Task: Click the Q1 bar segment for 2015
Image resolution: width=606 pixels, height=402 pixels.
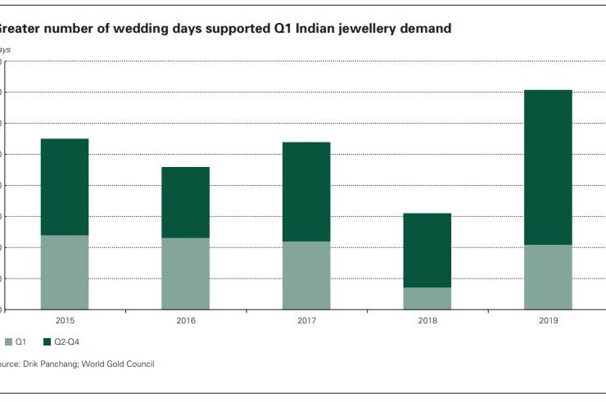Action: click(x=65, y=272)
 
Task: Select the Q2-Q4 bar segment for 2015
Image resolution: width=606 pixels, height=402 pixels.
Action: click(x=65, y=187)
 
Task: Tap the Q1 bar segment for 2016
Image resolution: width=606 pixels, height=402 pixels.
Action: click(x=185, y=273)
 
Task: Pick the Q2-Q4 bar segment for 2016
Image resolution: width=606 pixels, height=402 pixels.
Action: click(x=185, y=202)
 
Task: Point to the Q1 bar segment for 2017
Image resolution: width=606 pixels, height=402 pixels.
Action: click(x=306, y=275)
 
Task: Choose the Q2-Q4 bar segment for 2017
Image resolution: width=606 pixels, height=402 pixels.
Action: click(x=306, y=192)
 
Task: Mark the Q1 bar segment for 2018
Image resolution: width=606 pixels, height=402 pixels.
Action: click(x=427, y=298)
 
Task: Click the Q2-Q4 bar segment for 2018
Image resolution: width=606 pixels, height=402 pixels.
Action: click(x=427, y=250)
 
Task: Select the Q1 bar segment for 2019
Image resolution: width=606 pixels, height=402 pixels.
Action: click(x=548, y=277)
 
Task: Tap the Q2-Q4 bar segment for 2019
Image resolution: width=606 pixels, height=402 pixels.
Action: click(x=548, y=167)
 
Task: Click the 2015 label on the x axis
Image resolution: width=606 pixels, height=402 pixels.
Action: click(x=65, y=321)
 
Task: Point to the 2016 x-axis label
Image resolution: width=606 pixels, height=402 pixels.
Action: click(x=185, y=321)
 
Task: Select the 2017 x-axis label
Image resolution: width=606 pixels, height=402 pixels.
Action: click(x=306, y=321)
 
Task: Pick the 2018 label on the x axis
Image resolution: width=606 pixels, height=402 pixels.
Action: click(x=427, y=321)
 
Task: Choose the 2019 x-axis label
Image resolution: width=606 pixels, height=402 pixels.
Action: click(x=548, y=321)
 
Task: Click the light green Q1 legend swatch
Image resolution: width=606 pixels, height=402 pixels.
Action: click(x=7, y=341)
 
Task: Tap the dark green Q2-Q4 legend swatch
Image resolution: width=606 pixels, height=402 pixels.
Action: click(x=47, y=341)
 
